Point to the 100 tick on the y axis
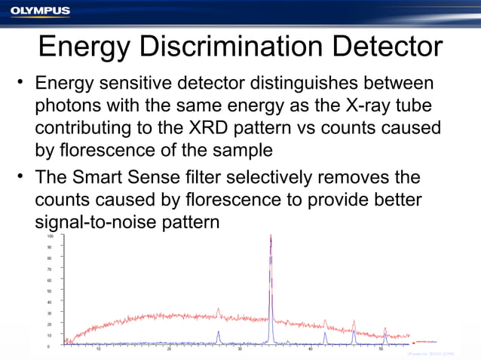click(49, 236)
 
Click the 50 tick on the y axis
click(49, 291)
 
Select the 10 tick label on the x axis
click(99, 349)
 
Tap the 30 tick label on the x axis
click(240, 349)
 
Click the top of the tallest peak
click(271, 237)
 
